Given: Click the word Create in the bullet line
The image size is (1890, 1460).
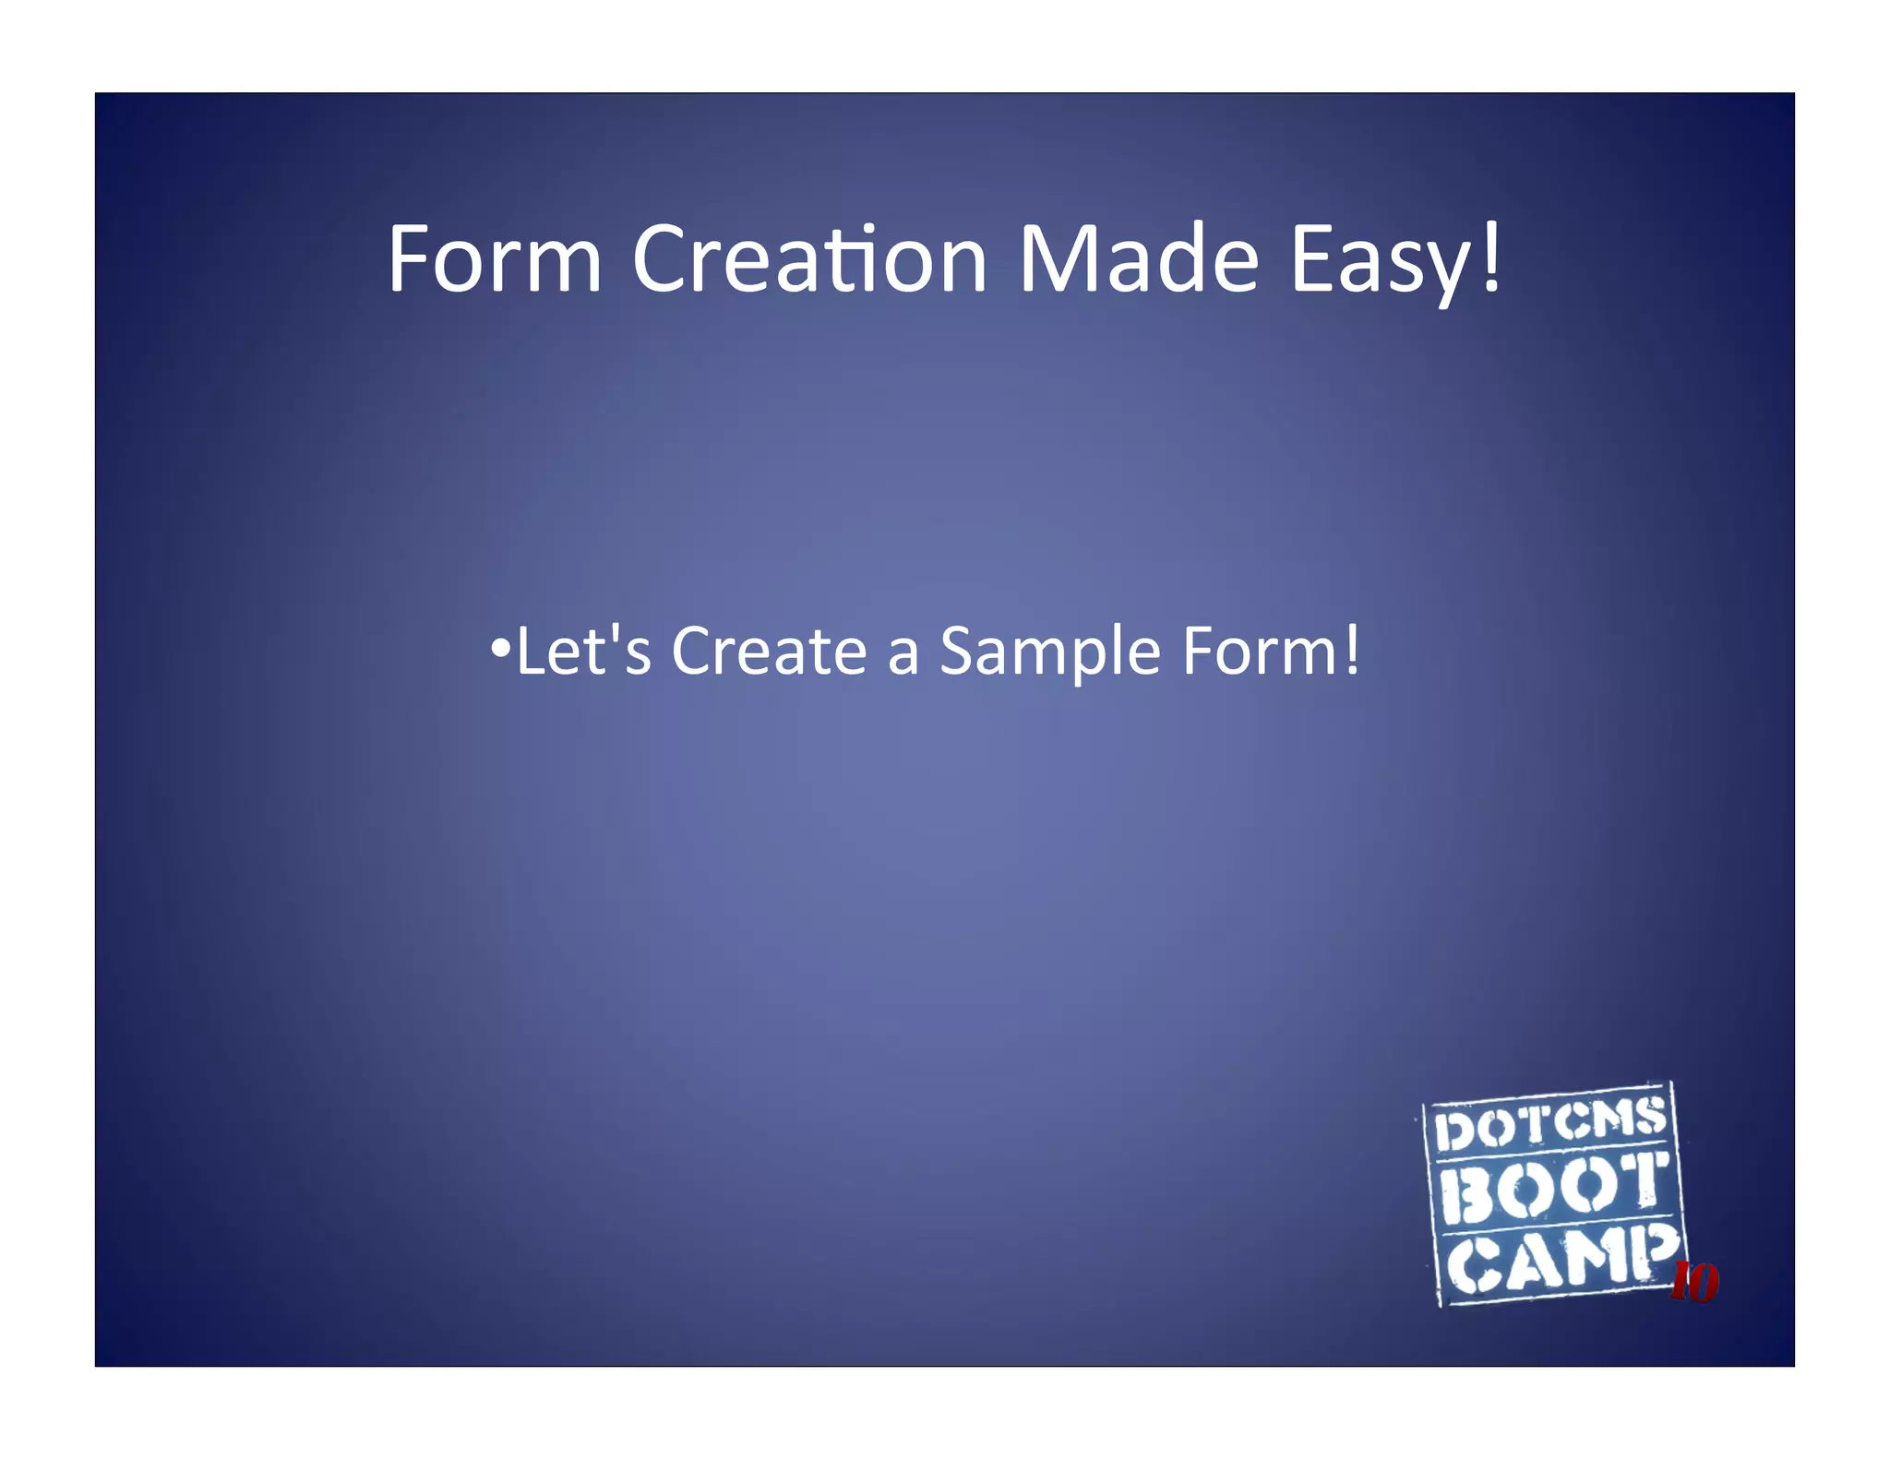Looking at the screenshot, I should tap(769, 652).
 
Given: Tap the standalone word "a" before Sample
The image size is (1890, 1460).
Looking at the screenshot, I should tap(903, 655).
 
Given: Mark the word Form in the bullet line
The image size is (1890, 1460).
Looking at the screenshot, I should tap(1261, 652).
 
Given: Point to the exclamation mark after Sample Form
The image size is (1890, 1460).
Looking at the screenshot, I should tap(1352, 650).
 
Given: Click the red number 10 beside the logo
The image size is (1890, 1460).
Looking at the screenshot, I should tap(1694, 1283).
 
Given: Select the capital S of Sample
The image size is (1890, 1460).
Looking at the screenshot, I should tap(959, 652).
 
